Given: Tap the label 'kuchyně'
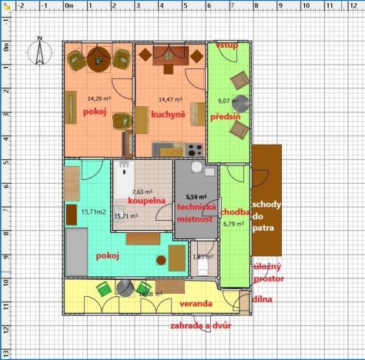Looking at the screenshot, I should (155, 115).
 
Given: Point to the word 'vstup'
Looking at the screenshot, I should (226, 45).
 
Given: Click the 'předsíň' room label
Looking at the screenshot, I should (226, 116).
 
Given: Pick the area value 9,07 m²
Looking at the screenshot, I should (228, 101).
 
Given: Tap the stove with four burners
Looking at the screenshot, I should (193, 149).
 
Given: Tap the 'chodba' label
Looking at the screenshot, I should (234, 212).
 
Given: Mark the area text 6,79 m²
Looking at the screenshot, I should (233, 225).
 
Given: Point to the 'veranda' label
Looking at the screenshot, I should (196, 304).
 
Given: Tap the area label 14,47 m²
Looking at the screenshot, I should (170, 99).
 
